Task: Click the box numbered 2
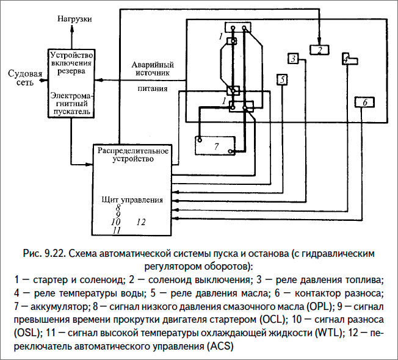click(319, 49)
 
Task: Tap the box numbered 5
click(281, 79)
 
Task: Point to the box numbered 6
click(364, 103)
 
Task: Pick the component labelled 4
click(349, 60)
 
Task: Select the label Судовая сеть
click(24, 79)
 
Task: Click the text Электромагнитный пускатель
click(71, 103)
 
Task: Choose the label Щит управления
click(131, 200)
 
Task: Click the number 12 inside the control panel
click(142, 222)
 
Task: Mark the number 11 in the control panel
click(117, 230)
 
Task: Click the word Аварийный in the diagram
click(153, 65)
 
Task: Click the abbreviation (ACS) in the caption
click(212, 346)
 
